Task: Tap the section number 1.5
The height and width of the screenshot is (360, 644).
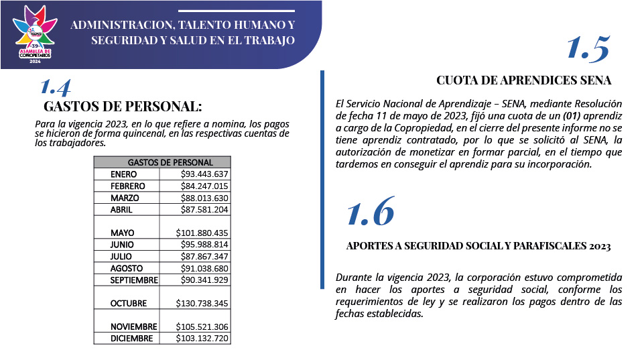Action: (x=588, y=49)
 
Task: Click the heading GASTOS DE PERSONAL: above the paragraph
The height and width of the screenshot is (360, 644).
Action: (x=123, y=107)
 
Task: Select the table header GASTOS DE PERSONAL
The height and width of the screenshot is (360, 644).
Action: (x=170, y=162)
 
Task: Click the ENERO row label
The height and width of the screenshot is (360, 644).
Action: (x=124, y=174)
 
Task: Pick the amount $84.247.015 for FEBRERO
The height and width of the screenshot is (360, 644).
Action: (x=204, y=186)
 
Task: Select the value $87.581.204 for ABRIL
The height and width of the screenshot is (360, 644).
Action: (x=204, y=209)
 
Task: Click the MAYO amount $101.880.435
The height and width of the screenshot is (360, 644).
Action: (x=202, y=233)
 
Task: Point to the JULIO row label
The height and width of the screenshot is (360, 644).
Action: (x=122, y=256)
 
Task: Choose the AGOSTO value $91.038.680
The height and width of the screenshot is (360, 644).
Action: (x=204, y=267)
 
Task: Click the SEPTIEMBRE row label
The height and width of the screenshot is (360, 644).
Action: (x=134, y=280)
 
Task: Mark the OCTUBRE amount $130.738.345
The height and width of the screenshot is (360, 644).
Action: (x=202, y=303)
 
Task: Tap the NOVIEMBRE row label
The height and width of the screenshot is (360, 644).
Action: (x=133, y=326)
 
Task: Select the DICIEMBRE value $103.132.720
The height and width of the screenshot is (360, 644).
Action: (x=202, y=339)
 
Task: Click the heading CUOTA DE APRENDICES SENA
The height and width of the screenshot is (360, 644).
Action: (x=523, y=81)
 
